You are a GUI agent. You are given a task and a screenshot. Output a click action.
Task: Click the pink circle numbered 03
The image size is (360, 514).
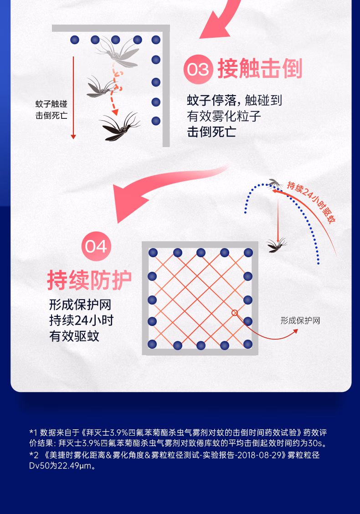coord(198,69)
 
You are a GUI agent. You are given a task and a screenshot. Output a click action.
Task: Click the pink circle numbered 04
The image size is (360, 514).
coord(96,246)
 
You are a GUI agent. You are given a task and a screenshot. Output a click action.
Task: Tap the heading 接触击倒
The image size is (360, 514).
coord(260,69)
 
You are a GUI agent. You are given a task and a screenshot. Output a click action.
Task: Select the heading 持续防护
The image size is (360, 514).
coord(89,280)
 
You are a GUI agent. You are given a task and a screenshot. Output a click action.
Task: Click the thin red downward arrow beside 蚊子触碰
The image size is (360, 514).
coord(73,98)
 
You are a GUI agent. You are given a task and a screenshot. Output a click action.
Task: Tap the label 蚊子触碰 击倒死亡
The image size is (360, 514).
coord(51,110)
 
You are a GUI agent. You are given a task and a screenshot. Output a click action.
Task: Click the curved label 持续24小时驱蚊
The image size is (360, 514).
coord(311,202)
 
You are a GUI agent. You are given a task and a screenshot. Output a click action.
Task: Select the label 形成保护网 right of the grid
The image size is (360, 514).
coord(300,320)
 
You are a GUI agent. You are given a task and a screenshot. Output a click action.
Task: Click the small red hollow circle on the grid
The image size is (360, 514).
coord(235,313)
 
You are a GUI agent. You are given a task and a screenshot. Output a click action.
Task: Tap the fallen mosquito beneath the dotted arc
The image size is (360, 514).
coord(276,245)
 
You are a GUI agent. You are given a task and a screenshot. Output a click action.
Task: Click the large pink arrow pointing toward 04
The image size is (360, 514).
coord(158,190)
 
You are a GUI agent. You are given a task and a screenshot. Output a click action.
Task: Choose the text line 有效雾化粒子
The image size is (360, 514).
coord(224,116)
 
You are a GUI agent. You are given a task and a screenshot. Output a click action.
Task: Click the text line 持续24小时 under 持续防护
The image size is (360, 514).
coord(82,320)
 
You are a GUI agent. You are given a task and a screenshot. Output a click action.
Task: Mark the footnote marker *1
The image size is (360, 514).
coord(33,433)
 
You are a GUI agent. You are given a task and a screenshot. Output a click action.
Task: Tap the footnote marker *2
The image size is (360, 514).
coord(34,455)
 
